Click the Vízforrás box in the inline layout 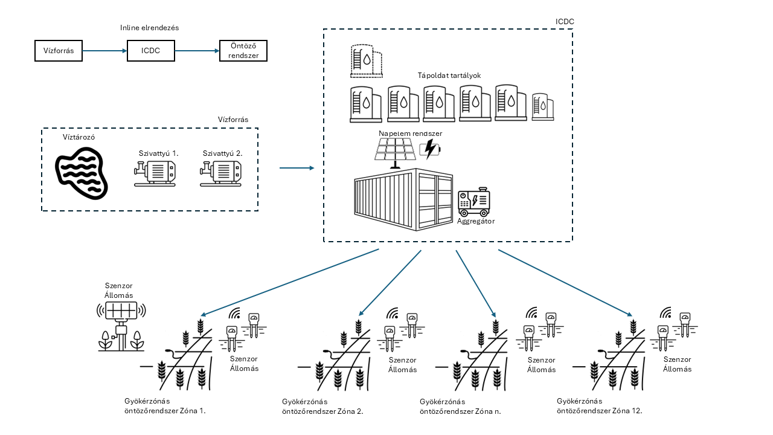click(59, 51)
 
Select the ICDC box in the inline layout click(151, 51)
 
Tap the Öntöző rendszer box click(242, 51)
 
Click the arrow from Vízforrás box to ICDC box click(104, 51)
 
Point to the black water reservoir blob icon click(81, 172)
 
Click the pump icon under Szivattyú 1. click(155, 172)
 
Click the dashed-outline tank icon click(366, 61)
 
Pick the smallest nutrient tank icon click(543, 107)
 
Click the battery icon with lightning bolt click(430, 148)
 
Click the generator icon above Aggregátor click(474, 203)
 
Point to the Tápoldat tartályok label click(449, 76)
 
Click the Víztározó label click(79, 137)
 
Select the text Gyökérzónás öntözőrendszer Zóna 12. click(599, 405)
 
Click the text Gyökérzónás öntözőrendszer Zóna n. click(460, 405)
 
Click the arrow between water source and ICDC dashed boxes click(297, 168)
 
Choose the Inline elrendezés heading click(150, 28)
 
